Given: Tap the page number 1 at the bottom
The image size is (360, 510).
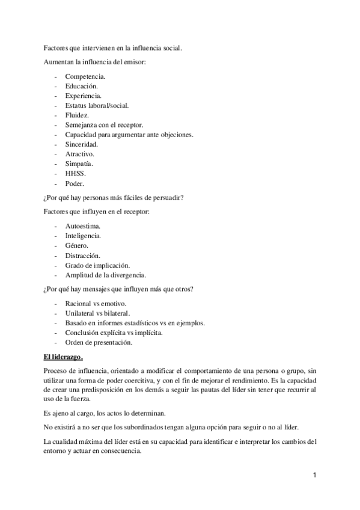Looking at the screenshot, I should pos(314,475).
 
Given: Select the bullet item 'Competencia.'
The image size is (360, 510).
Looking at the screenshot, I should pos(85,76).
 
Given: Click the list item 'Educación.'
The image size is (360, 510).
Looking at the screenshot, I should pos(82,86).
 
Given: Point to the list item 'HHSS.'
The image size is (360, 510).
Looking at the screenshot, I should pos(76,173).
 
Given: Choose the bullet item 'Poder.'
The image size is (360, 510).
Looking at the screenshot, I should pos(75,183).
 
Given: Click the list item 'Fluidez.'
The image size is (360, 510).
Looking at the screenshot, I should pos(78,115).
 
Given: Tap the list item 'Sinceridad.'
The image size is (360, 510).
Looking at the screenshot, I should pos(82,144).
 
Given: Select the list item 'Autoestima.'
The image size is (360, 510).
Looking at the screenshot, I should pos(83,226).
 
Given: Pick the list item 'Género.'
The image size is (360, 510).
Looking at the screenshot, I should pos(77,245).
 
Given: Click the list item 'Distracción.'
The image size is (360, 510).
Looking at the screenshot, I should pos(83,255).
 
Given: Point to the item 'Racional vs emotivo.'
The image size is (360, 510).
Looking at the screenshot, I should pos(95,304).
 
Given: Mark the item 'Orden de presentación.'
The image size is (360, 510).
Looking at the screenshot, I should pos(99,343).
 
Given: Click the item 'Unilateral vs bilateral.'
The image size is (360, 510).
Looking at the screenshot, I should pos(97,313).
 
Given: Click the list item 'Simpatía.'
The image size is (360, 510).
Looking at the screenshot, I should pos(79,164).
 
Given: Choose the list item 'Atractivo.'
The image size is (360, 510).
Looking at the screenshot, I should pos(80,154).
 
